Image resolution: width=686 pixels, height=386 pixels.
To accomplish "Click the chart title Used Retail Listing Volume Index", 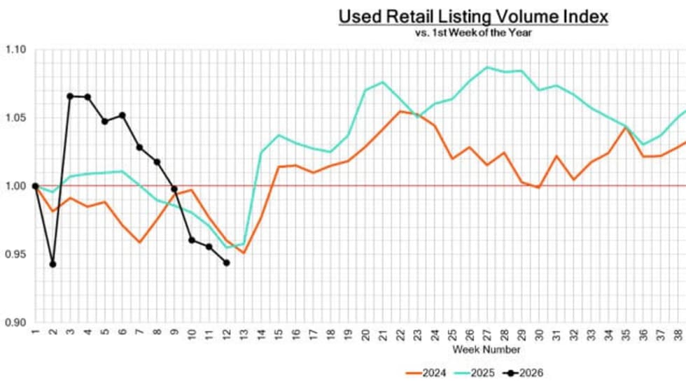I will coord(473,17).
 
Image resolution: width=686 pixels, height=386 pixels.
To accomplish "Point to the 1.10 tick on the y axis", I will coord(15,50).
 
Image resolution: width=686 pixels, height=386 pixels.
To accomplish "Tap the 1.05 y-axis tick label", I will coord(15,117).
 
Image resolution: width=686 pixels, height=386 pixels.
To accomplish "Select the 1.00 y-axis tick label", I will coord(15,186).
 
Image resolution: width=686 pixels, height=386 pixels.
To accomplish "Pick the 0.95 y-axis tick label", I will coord(15,254).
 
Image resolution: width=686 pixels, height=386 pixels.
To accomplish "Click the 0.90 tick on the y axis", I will coord(15,322).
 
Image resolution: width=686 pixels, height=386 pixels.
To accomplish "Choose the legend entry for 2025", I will coord(475,373).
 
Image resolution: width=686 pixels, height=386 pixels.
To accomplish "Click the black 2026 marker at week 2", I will coord(52,264).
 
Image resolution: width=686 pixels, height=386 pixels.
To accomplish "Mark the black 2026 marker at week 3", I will coord(70,96).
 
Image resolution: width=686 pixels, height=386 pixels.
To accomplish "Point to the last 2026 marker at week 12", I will coord(226,263).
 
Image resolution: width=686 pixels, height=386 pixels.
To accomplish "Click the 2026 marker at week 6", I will coord(122,115).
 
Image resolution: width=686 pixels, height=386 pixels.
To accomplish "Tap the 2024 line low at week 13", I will coord(244,252).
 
